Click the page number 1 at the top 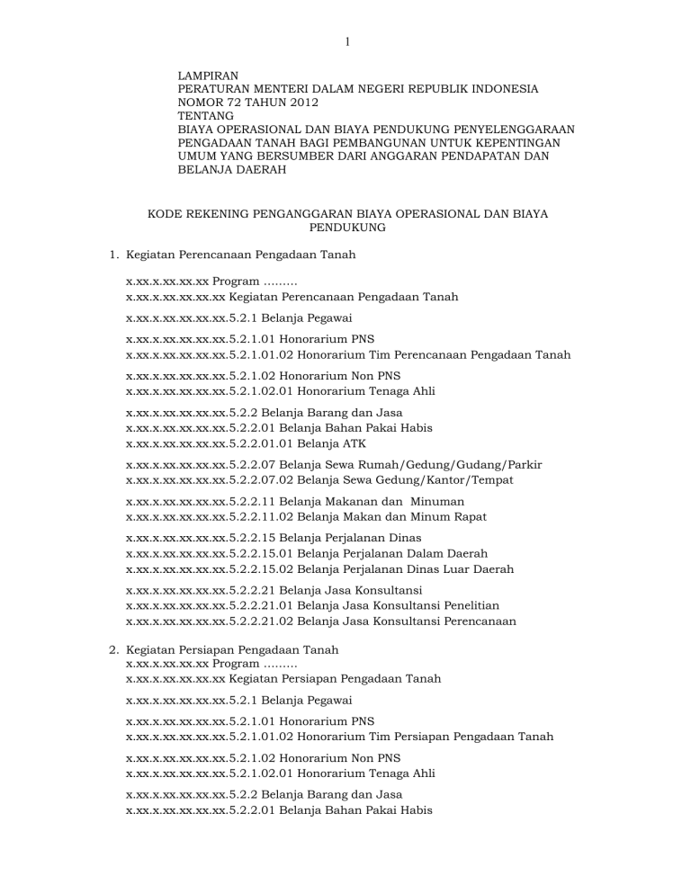[x=346, y=40]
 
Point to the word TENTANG [x=206, y=116]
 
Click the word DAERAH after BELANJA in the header [x=256, y=169]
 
